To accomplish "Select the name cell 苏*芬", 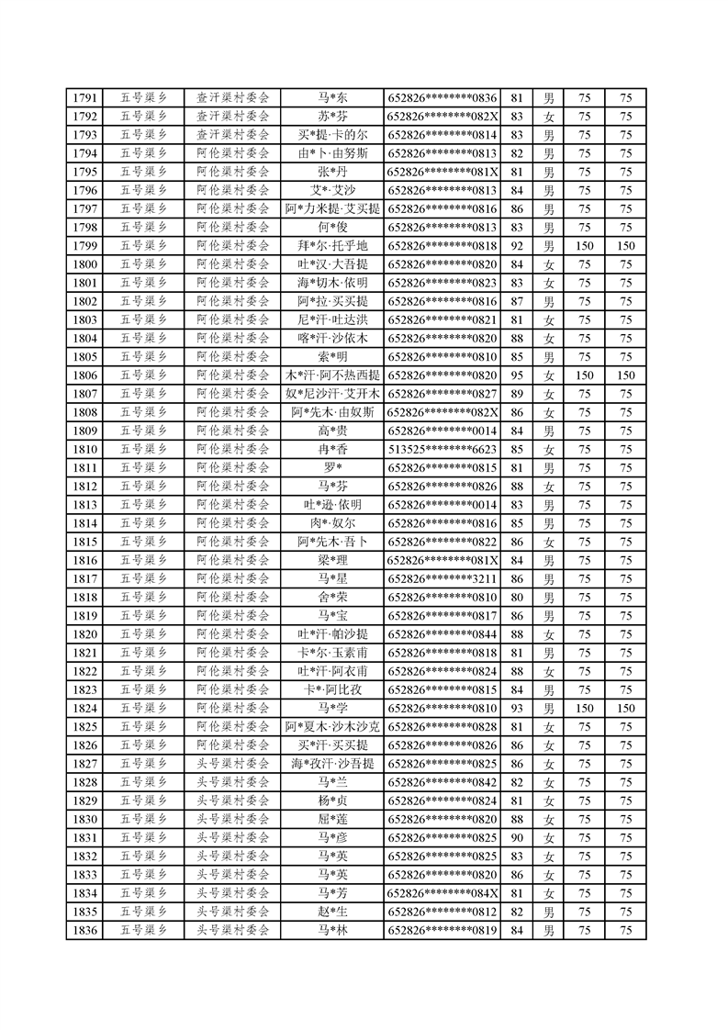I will click(x=332, y=117).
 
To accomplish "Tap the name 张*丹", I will click(x=332, y=172).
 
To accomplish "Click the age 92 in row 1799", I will click(x=516, y=246).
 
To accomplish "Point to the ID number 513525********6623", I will click(x=442, y=450).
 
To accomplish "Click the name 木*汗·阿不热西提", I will click(x=332, y=375).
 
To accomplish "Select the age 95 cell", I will click(x=516, y=375).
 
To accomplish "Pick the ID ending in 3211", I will click(x=442, y=579).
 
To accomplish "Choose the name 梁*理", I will click(x=332, y=561).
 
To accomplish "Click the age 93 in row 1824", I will click(x=516, y=709).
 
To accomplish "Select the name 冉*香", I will click(x=332, y=450).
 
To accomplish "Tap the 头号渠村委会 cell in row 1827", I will click(x=232, y=764).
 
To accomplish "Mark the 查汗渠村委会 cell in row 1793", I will click(x=232, y=135).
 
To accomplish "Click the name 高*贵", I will click(x=332, y=431).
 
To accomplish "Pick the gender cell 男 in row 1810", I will click(x=549, y=450).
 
